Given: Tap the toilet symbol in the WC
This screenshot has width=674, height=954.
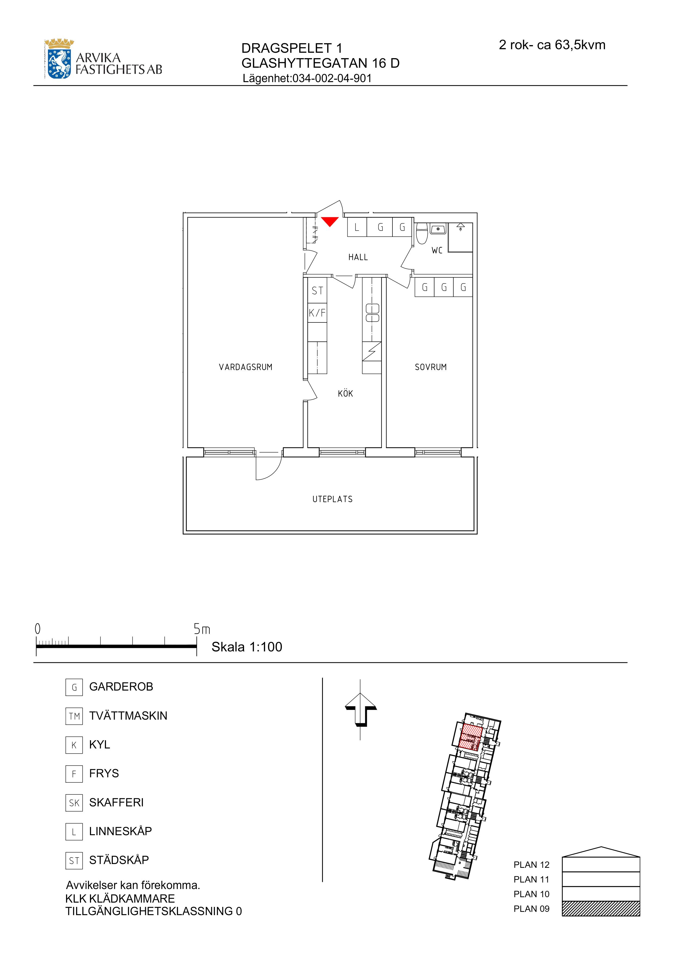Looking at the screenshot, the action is (x=422, y=234).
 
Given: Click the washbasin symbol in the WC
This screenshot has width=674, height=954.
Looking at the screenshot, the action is (x=438, y=229).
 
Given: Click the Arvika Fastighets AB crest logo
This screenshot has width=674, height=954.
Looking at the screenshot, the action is (x=60, y=59).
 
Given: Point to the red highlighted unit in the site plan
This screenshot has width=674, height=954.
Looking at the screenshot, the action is (x=470, y=737).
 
